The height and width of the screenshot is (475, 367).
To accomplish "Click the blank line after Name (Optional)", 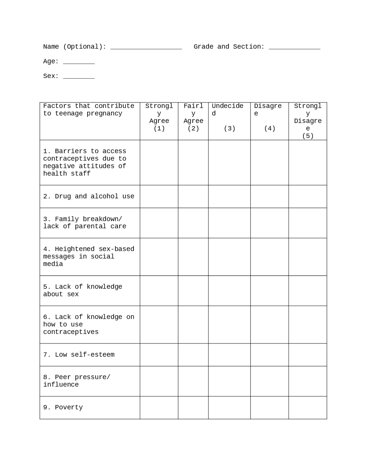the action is [146, 48].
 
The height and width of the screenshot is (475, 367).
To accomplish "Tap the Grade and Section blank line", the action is [294, 48].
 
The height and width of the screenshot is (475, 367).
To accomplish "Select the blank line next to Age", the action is [79, 63].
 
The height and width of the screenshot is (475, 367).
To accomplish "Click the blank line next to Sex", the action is [79, 77].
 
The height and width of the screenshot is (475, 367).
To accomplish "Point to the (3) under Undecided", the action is [229, 129].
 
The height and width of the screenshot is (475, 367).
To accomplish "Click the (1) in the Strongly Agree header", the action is [159, 129].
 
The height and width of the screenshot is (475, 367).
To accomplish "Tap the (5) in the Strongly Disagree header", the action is [308, 136].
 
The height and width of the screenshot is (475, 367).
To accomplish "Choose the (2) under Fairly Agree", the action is [193, 129].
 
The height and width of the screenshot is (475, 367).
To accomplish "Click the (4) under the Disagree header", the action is [270, 129].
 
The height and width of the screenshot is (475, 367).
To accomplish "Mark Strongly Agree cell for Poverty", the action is [159, 408].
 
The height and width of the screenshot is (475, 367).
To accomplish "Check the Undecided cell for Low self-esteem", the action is [229, 355].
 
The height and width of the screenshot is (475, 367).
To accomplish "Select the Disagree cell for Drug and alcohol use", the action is [270, 196].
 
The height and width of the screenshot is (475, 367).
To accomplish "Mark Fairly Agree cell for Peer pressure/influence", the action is [193, 381].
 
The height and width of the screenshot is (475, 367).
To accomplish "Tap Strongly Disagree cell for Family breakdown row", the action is [308, 223].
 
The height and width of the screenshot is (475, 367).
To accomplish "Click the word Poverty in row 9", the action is [69, 408].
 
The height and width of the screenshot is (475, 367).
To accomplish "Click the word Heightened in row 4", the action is [75, 249].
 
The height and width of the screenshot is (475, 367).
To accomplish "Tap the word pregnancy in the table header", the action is [104, 114].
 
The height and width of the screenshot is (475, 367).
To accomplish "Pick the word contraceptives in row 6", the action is [71, 332].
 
